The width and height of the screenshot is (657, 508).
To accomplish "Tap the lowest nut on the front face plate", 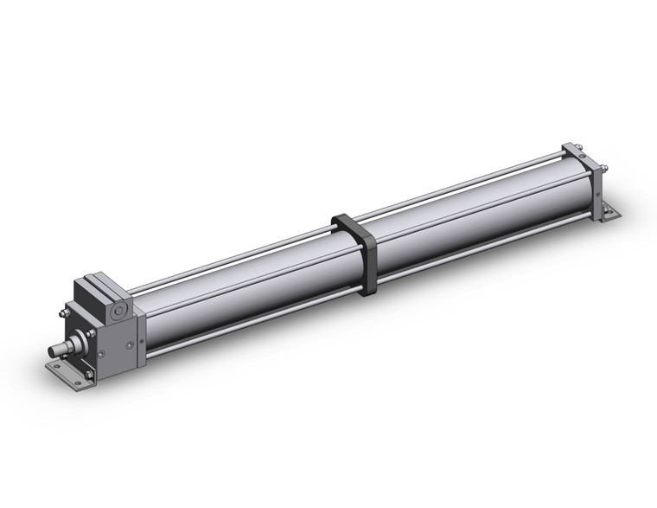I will coord(87,374).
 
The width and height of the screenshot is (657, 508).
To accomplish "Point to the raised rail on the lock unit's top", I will coord(101,280).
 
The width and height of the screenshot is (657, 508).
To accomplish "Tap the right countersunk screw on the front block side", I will coord(130,344).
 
